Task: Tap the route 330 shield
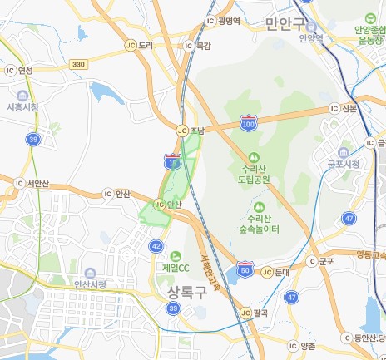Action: click(x=79, y=64)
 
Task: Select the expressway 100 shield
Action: click(x=248, y=124)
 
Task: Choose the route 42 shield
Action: click(x=157, y=246)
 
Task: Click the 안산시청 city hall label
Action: click(x=91, y=284)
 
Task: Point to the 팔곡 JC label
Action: click(x=260, y=313)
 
